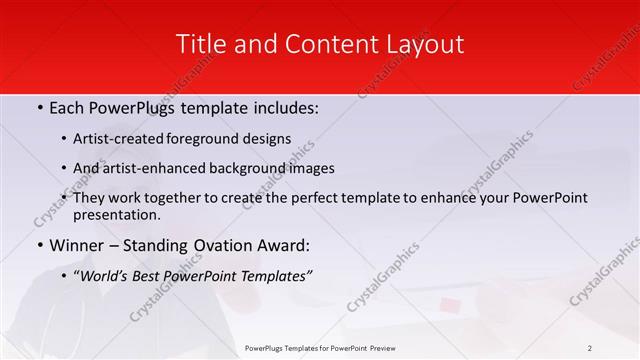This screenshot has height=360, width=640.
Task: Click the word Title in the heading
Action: [198, 44]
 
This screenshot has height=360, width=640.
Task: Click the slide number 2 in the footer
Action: [589, 347]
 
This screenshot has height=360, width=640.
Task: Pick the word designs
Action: [271, 139]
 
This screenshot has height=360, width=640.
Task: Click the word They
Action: [89, 197]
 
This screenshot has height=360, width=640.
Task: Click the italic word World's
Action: [106, 275]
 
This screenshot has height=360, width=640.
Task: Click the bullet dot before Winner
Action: [39, 245]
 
